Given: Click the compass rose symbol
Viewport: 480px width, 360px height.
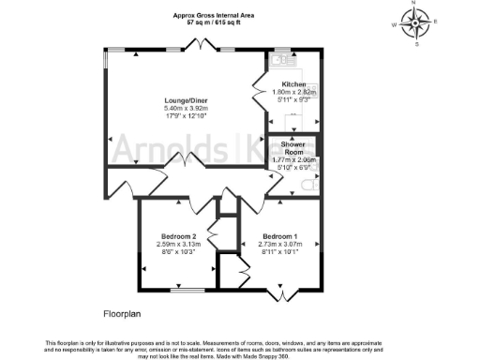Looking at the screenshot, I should [413, 22].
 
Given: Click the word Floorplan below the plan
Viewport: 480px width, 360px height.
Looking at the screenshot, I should [123, 310].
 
